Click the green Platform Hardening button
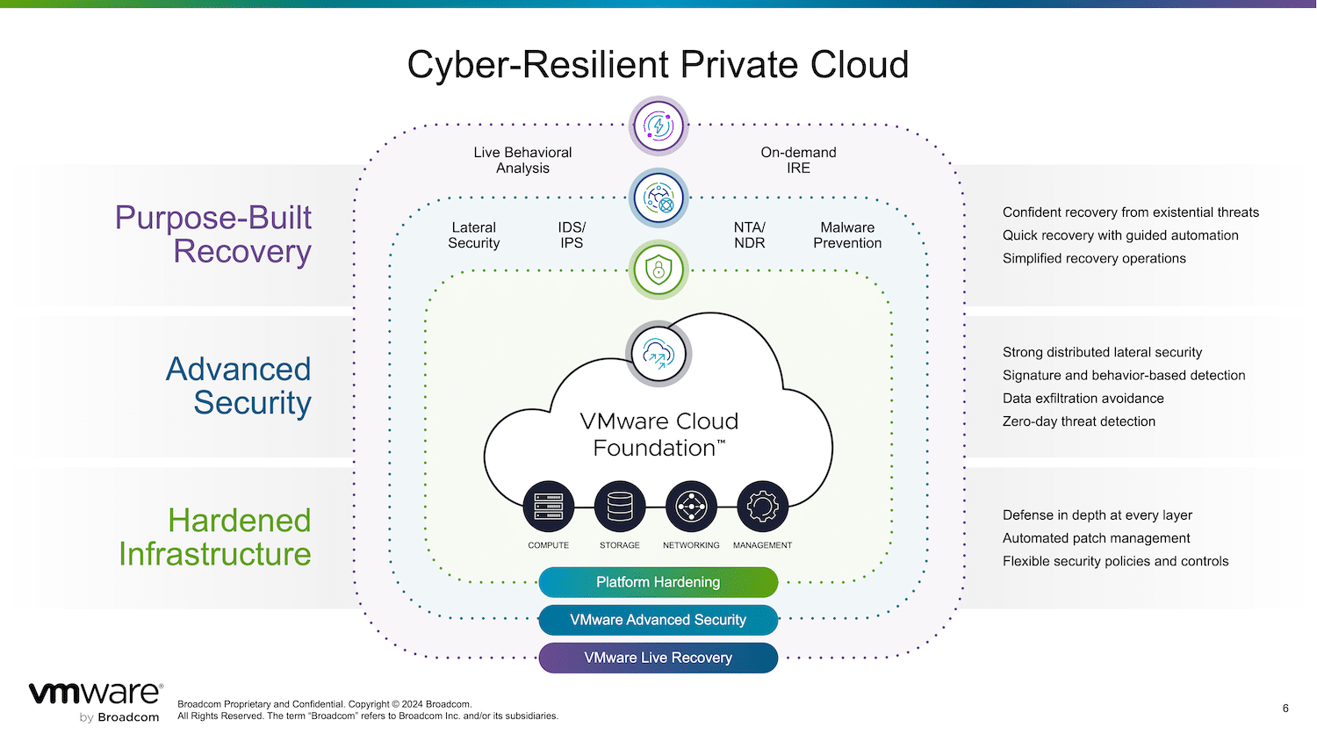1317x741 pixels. click(658, 582)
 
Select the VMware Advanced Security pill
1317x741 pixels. click(658, 620)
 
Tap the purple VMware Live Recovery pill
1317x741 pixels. click(658, 658)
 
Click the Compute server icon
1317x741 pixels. click(548, 507)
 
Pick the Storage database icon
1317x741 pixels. click(620, 507)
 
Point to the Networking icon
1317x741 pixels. click(691, 507)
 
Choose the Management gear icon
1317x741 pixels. click(763, 507)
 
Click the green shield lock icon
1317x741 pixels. click(658, 270)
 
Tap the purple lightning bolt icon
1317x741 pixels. click(658, 126)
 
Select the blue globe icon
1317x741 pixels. click(658, 198)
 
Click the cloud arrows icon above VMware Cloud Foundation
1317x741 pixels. click(658, 354)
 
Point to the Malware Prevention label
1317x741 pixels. click(847, 235)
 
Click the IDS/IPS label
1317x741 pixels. click(572, 235)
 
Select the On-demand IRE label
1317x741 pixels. click(798, 160)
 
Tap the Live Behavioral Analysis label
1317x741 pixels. click(522, 160)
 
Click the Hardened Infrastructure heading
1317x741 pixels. click(215, 537)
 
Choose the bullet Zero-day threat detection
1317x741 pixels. click(1079, 421)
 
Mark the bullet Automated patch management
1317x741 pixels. click(1096, 538)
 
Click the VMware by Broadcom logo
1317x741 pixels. click(96, 702)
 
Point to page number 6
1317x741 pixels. click(1285, 708)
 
